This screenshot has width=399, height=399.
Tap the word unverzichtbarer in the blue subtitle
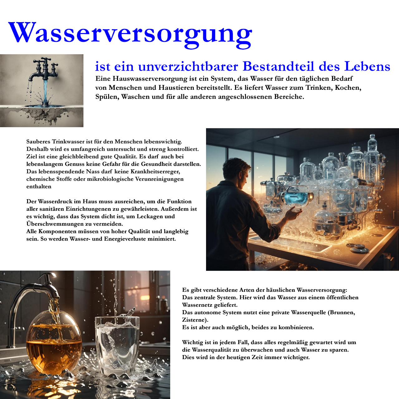coord(188,66)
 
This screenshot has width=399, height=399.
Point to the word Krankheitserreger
coord(155,171)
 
